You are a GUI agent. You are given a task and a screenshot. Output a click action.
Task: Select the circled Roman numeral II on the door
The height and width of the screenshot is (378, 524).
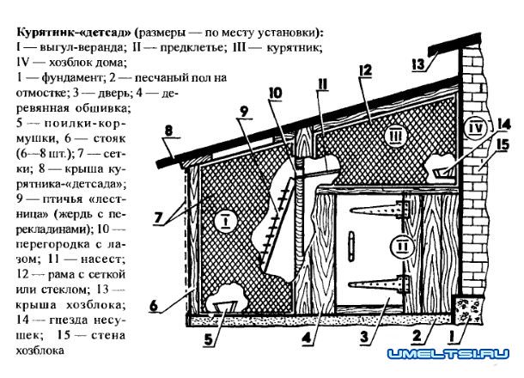(x=404, y=247)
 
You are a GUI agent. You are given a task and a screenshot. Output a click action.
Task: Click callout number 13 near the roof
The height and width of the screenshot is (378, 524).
(x=418, y=64)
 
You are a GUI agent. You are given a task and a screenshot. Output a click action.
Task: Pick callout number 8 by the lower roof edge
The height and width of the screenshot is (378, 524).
(x=168, y=131)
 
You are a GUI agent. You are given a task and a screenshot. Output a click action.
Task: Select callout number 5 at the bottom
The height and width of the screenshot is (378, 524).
(x=208, y=339)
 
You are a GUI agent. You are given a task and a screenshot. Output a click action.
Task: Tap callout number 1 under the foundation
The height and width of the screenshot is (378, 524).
(x=453, y=336)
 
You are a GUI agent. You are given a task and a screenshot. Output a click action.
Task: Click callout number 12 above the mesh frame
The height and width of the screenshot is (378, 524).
(x=365, y=70)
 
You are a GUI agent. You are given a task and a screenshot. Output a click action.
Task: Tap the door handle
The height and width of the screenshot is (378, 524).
(x=350, y=246)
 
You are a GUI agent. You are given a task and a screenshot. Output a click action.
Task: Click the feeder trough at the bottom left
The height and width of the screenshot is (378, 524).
(x=224, y=307)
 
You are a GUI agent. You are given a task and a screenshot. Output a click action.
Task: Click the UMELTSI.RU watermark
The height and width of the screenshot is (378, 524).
(x=448, y=354)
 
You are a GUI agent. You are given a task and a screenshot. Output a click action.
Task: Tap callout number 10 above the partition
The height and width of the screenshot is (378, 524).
(x=275, y=94)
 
